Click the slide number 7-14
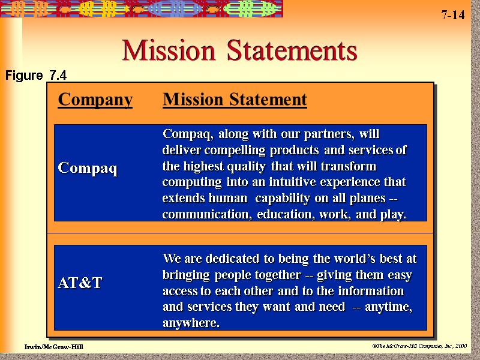pyautogui.click(x=453, y=15)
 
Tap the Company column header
pyautogui.click(x=95, y=100)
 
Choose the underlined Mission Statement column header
pyautogui.click(x=235, y=100)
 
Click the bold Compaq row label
pyautogui.click(x=88, y=169)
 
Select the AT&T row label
pyautogui.click(x=80, y=283)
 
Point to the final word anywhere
pyautogui.click(x=191, y=323)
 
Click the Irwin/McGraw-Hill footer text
pyautogui.click(x=54, y=347)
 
